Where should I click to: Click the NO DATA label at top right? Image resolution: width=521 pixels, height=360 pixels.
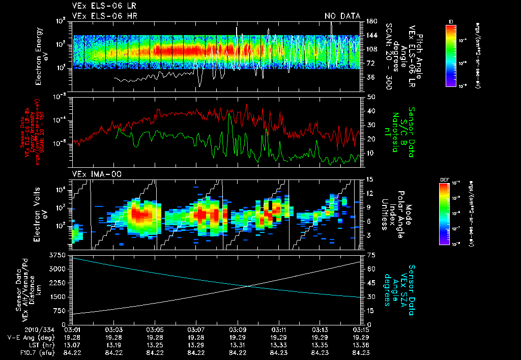click(x=342, y=16)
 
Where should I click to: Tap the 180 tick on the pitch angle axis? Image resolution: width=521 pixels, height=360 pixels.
click(x=371, y=21)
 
